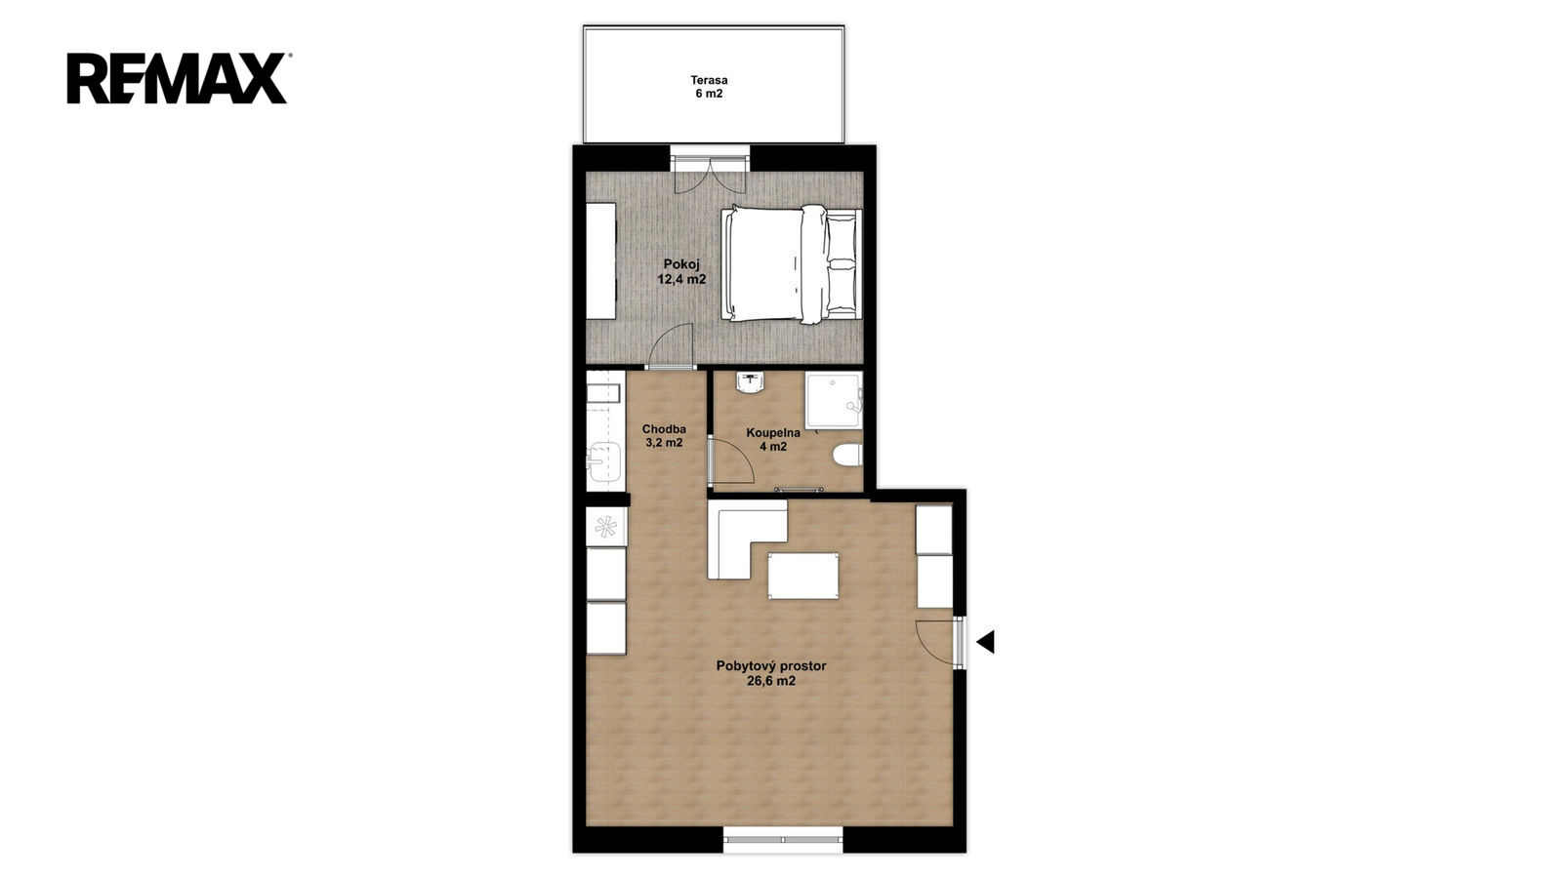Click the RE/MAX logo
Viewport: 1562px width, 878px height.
pos(178,78)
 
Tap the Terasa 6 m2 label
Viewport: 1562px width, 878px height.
pos(709,87)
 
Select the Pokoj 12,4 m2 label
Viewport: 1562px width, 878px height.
pos(681,272)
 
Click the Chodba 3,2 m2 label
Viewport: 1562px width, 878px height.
pos(664,435)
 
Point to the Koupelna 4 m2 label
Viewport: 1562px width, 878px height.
pos(772,439)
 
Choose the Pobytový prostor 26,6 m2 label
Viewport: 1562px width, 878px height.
pos(771,673)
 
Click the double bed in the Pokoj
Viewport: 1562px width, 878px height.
pos(792,264)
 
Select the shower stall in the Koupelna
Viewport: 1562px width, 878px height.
pos(834,400)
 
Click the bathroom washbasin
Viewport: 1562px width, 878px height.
pos(751,381)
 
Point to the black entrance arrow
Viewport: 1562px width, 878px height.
pos(985,642)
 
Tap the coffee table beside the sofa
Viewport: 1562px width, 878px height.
pos(803,576)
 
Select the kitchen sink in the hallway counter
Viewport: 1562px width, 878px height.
pos(604,461)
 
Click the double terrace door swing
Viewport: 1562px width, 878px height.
pos(711,177)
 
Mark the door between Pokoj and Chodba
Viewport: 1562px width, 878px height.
pos(671,346)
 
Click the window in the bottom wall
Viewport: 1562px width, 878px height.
pos(783,840)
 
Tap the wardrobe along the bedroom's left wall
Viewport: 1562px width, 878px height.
pos(601,261)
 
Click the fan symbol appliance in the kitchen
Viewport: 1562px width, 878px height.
pos(606,526)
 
